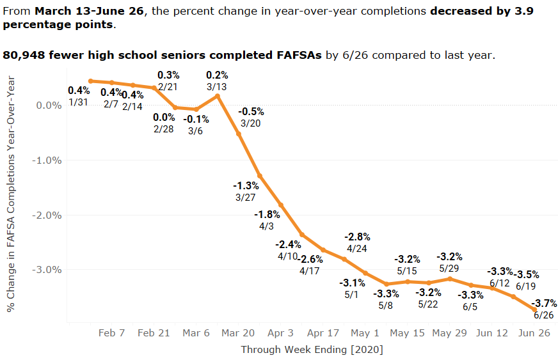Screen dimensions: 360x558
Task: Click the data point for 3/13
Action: coord(218,96)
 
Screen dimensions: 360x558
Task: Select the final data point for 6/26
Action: coord(535,309)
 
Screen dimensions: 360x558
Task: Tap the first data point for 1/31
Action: coord(91,81)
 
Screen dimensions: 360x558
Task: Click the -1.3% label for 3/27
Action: coord(246,185)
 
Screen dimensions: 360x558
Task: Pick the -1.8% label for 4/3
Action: coord(267,214)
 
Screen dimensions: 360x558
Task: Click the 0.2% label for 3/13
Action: coord(217,75)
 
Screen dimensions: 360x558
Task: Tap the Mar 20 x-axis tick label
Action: coord(238,333)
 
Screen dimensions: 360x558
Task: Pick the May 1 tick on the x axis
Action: coord(365,333)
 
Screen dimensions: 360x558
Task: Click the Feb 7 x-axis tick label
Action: coord(112,333)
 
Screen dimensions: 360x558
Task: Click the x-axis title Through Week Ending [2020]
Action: coord(312,350)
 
